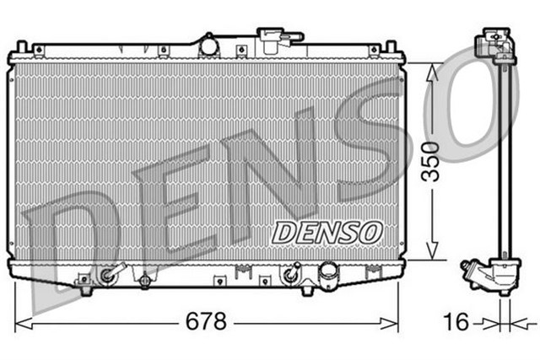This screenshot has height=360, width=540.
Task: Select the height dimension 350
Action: pos(431,161)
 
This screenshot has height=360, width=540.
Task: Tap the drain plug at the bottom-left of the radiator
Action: pos(107,275)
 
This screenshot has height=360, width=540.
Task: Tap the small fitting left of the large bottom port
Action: pos(293,273)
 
